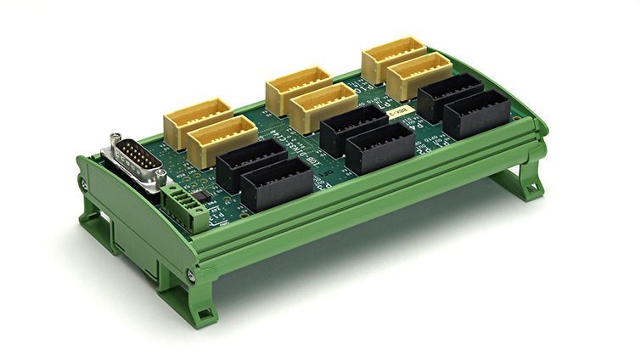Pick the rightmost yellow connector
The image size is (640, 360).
point(419,76)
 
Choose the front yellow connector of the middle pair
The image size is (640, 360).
point(323,109)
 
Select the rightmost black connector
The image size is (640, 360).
point(476,113)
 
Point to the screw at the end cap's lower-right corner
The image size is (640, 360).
point(190,275)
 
